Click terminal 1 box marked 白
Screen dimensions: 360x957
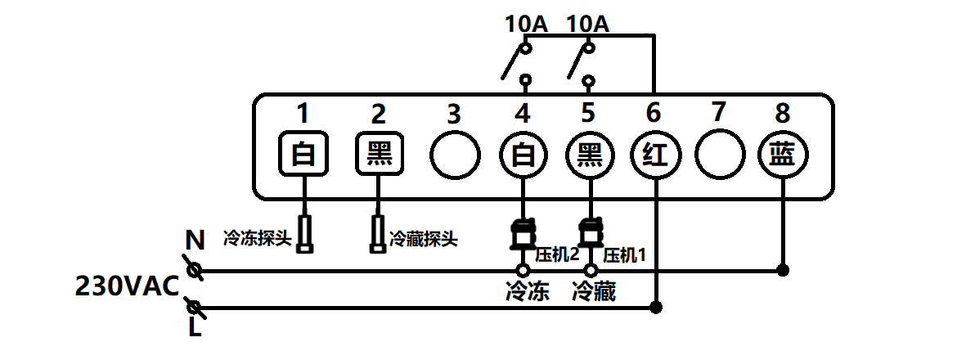coord(304,154)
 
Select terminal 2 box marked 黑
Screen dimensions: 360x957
coord(380,154)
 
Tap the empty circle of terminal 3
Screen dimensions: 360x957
coord(455,155)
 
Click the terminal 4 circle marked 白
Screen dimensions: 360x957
coord(523,155)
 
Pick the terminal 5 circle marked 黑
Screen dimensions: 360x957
coord(590,155)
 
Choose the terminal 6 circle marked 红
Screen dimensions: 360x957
coord(656,155)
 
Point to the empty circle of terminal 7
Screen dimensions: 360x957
coord(720,155)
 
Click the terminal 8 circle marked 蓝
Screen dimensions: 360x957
coord(784,155)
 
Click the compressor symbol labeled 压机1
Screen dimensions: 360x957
coord(588,234)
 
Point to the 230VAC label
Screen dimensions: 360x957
coord(126,287)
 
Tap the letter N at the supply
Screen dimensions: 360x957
coord(195,241)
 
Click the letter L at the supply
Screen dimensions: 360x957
coord(195,329)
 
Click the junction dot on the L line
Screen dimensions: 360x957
coord(655,308)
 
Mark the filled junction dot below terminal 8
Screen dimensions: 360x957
coord(784,269)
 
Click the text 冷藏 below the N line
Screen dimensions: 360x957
coord(594,291)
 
